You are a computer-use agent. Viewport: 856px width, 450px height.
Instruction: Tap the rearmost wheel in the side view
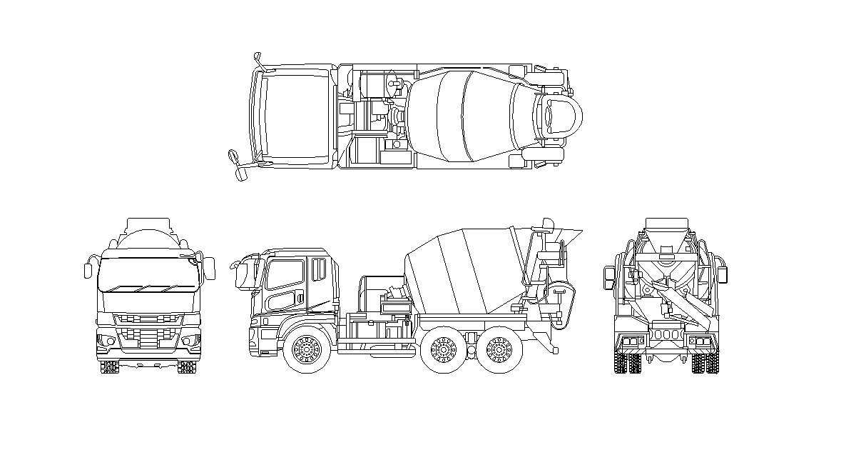pos(498,351)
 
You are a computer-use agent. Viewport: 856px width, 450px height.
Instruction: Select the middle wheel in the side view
pos(442,351)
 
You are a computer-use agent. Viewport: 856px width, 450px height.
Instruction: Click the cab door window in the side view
pos(285,275)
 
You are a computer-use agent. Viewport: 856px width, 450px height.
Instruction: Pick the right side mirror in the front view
pos(210,268)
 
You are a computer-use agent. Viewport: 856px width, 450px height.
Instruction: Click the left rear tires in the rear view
pos(627,363)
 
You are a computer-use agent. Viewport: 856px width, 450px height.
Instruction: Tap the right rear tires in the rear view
pos(705,363)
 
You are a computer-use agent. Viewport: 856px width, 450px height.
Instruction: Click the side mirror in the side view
pos(240,275)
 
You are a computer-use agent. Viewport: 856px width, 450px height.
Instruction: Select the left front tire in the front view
pos(109,366)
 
